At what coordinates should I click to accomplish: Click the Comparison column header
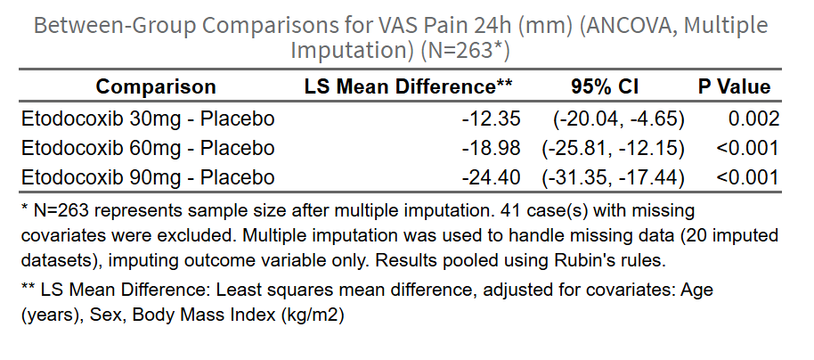tap(156, 86)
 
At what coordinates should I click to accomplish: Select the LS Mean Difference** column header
tap(409, 86)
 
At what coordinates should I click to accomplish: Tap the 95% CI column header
tap(605, 86)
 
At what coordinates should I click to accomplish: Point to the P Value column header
tap(734, 86)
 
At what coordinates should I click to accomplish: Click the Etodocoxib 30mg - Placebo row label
tap(147, 119)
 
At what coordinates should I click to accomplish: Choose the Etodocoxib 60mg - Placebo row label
tap(147, 147)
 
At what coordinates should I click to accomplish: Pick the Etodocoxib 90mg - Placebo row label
tap(147, 176)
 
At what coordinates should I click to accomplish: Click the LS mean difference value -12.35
tap(491, 119)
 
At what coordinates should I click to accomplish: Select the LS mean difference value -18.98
tap(491, 147)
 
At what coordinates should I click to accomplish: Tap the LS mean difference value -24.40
tap(491, 176)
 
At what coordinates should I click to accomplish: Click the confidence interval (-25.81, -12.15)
tap(613, 147)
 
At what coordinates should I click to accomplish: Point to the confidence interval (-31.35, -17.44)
tap(613, 176)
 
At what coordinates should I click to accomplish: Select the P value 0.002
tap(753, 119)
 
